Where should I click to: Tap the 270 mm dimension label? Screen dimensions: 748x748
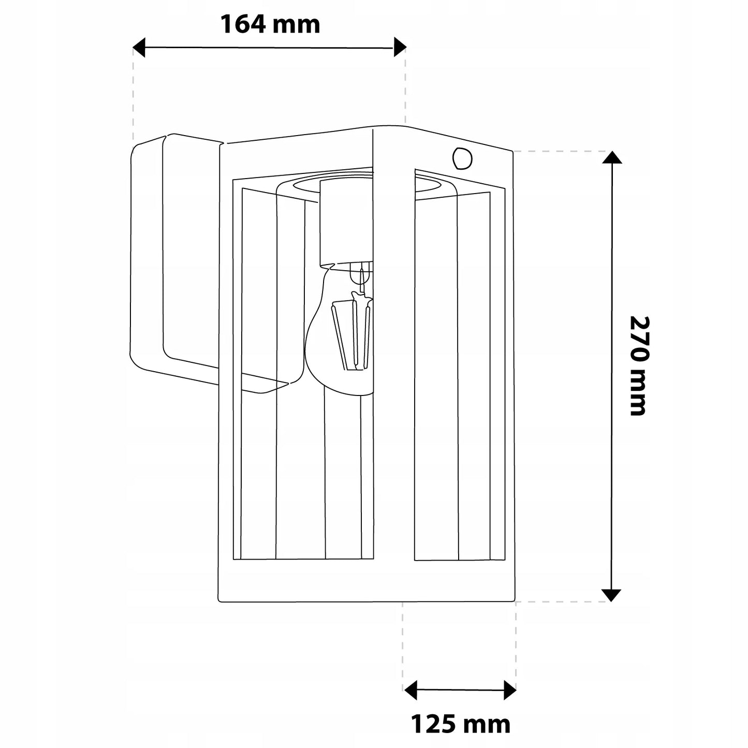pos(639,366)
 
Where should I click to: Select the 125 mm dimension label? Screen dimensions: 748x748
pos(460,724)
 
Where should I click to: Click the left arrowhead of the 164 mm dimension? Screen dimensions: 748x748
pos(139,48)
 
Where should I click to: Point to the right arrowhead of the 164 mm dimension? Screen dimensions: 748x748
pos(400,47)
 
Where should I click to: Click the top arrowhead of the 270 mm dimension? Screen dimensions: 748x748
pos(612,157)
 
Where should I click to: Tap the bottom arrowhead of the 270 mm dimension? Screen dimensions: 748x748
pos(611,595)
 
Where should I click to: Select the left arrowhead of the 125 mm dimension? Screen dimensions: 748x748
pos(410,690)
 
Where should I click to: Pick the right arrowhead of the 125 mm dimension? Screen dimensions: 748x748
pos(510,690)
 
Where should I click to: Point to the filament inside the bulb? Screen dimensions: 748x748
pos(351,330)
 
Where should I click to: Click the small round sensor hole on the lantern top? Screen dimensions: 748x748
pos(462,158)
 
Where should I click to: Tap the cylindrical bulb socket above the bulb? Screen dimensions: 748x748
pos(345,223)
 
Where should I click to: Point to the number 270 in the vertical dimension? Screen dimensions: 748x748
pos(639,339)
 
